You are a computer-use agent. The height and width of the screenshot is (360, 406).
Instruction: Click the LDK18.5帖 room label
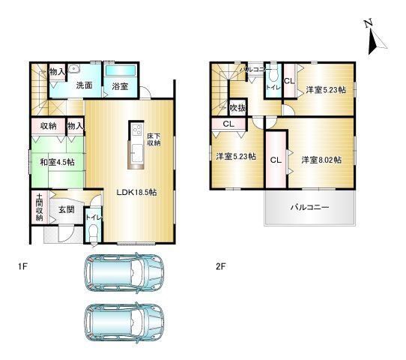point(136,192)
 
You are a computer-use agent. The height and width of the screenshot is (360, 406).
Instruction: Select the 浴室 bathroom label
point(120,85)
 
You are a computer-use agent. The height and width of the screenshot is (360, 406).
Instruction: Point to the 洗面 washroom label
point(83,85)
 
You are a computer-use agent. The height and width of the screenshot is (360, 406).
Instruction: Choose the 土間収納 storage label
point(39,207)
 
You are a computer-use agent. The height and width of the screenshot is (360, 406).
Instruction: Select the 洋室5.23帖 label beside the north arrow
point(325,90)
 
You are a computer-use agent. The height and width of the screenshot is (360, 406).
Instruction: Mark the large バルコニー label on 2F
point(309,208)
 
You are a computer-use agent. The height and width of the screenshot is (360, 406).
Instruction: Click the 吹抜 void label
point(237,109)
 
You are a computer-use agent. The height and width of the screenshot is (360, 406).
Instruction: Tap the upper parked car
point(124,274)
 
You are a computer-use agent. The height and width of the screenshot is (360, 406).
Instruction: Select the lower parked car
point(124,322)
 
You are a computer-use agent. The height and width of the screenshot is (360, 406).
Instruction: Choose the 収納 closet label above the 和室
point(49,127)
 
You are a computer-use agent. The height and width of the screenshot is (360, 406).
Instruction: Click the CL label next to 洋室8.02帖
point(276,160)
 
